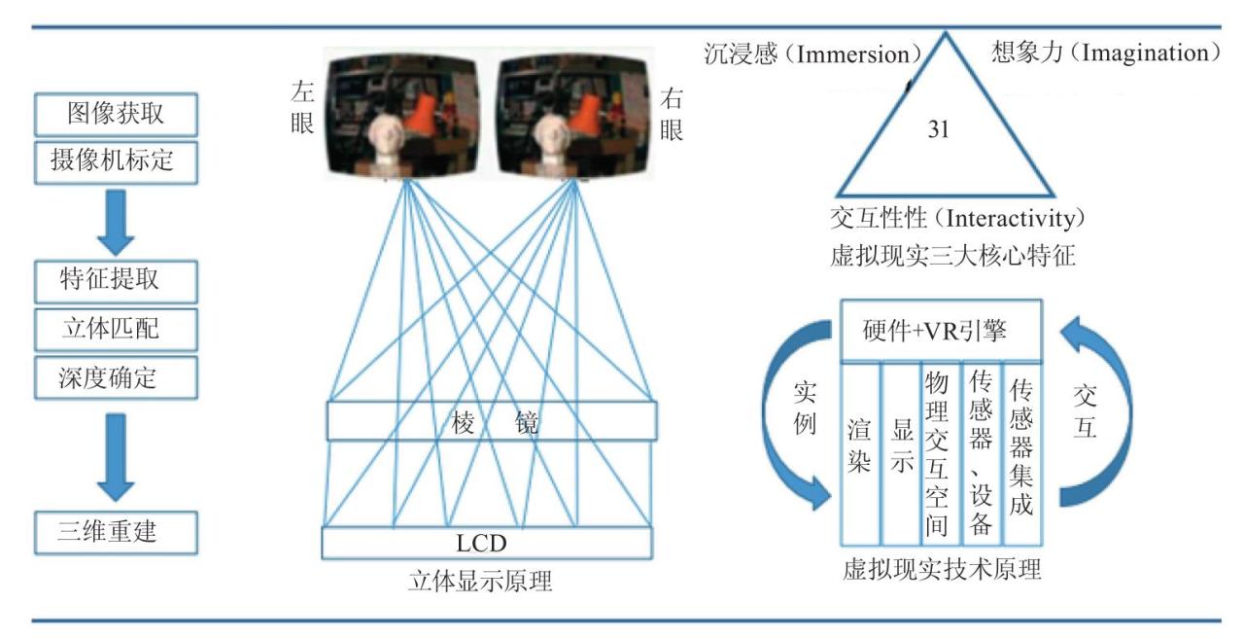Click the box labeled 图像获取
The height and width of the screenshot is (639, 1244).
pyautogui.click(x=116, y=115)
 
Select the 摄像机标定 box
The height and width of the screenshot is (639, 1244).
pyautogui.click(x=116, y=162)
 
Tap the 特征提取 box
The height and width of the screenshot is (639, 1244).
pyautogui.click(x=116, y=282)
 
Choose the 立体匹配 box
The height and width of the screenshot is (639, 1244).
pyautogui.click(x=116, y=330)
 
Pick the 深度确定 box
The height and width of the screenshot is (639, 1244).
pyautogui.click(x=116, y=377)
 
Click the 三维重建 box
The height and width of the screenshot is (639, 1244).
pyautogui.click(x=116, y=533)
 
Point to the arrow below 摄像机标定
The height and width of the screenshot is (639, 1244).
pyautogui.click(x=116, y=223)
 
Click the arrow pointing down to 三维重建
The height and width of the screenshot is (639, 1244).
pyautogui.click(x=116, y=457)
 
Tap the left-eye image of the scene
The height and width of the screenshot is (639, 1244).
pyautogui.click(x=402, y=116)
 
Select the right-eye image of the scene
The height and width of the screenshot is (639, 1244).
pyautogui.click(x=573, y=116)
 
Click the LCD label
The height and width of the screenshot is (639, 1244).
pyautogui.click(x=481, y=543)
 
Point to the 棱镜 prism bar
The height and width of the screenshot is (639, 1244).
pyautogui.click(x=492, y=421)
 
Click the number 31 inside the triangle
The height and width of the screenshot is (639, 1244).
pyautogui.click(x=938, y=129)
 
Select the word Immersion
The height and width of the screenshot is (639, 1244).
pyautogui.click(x=853, y=54)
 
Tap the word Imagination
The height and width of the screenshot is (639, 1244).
pyautogui.click(x=1145, y=53)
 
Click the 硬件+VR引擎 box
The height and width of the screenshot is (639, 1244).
pyautogui.click(x=942, y=331)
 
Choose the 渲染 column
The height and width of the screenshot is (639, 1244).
pyautogui.click(x=860, y=454)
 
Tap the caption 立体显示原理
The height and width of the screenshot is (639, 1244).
pyautogui.click(x=480, y=582)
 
